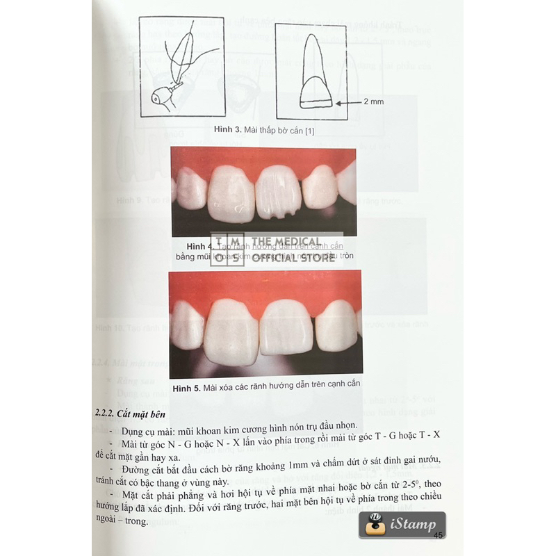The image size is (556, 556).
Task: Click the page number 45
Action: point(438,535)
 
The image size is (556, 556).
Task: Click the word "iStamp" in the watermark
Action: point(414,525)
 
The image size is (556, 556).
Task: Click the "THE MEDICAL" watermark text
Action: point(291,243)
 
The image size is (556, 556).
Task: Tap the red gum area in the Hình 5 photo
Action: point(264,285)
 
